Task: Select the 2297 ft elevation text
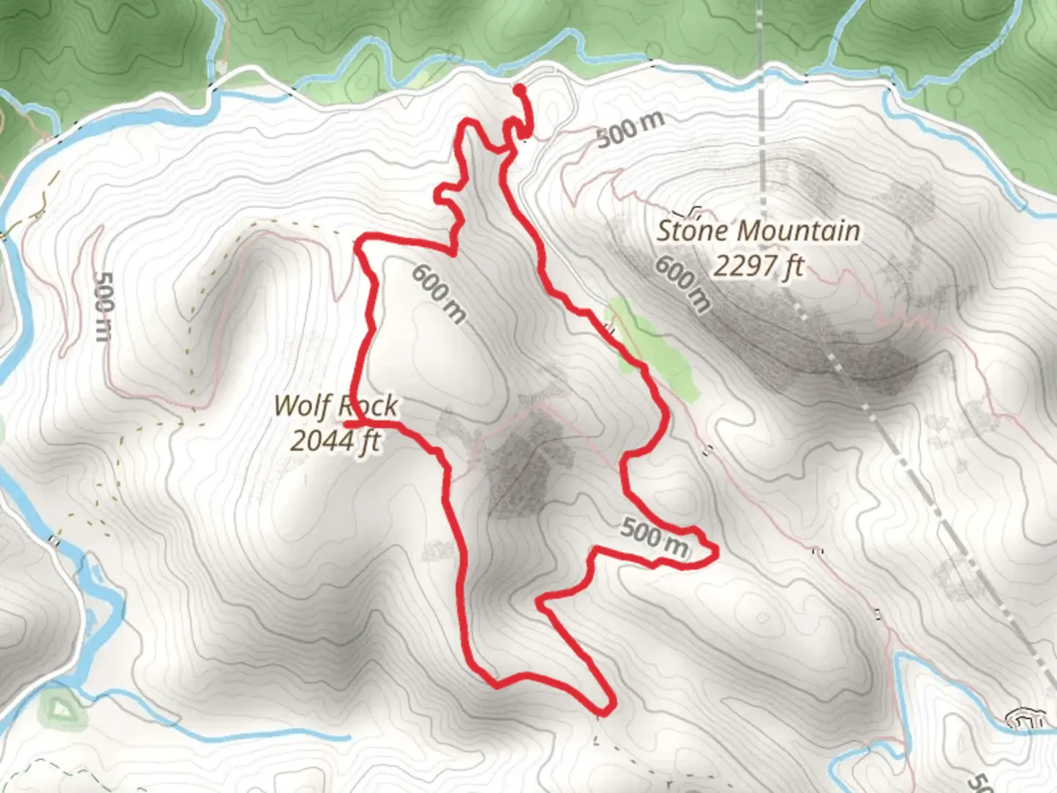point(758,265)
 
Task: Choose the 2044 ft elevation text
point(335,441)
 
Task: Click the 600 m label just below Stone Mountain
point(683,283)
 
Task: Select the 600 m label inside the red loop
point(439,294)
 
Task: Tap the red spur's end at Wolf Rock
point(346,424)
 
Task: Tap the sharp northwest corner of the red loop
point(359,242)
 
